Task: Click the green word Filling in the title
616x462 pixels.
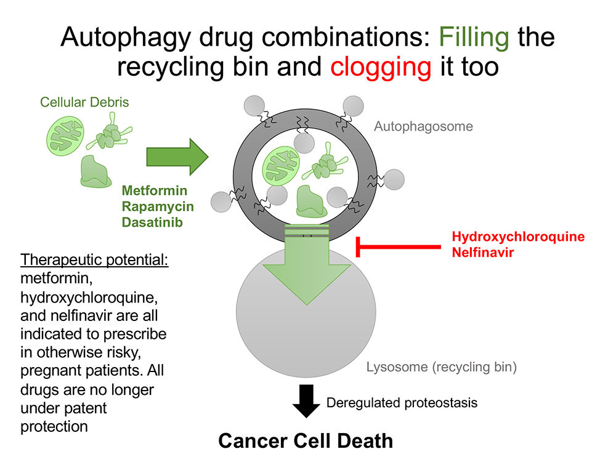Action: click(474, 38)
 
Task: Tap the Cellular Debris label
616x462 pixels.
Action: click(84, 102)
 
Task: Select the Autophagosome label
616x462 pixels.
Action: click(423, 126)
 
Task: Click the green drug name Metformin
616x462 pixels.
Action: click(155, 191)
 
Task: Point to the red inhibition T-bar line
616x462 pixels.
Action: click(400, 248)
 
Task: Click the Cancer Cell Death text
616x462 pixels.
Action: click(306, 440)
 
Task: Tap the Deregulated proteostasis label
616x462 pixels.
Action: click(402, 403)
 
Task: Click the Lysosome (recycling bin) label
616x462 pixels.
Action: click(441, 368)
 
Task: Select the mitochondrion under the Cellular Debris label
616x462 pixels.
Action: click(67, 133)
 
